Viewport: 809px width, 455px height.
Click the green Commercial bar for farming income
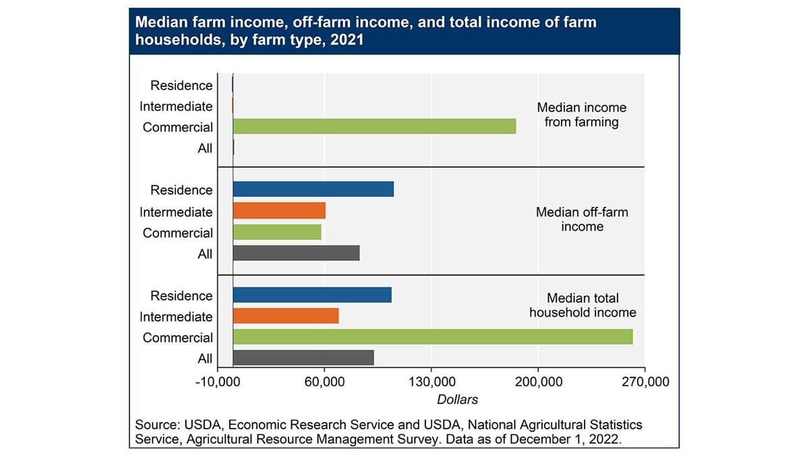coord(374,126)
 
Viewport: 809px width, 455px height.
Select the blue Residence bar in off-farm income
coord(313,189)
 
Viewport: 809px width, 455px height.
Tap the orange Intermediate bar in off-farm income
coord(279,211)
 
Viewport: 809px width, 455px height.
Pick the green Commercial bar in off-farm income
coord(277,232)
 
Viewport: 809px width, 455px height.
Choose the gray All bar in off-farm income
coord(296,253)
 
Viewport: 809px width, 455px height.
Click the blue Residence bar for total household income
coord(312,295)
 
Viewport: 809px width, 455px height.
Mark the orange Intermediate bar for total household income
coord(285,316)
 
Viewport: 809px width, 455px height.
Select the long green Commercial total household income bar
coord(432,337)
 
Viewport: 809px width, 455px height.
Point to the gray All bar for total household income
coord(303,358)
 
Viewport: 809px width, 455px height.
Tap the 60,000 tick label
coord(324,383)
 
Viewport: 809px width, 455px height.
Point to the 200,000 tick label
coord(537,383)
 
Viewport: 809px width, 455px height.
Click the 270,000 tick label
coord(645,383)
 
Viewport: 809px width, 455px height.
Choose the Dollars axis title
coord(457,400)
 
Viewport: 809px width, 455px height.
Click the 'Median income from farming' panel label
coord(581,115)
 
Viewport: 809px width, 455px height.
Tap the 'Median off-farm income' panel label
coord(581,219)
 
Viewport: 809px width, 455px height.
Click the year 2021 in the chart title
coord(349,40)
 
